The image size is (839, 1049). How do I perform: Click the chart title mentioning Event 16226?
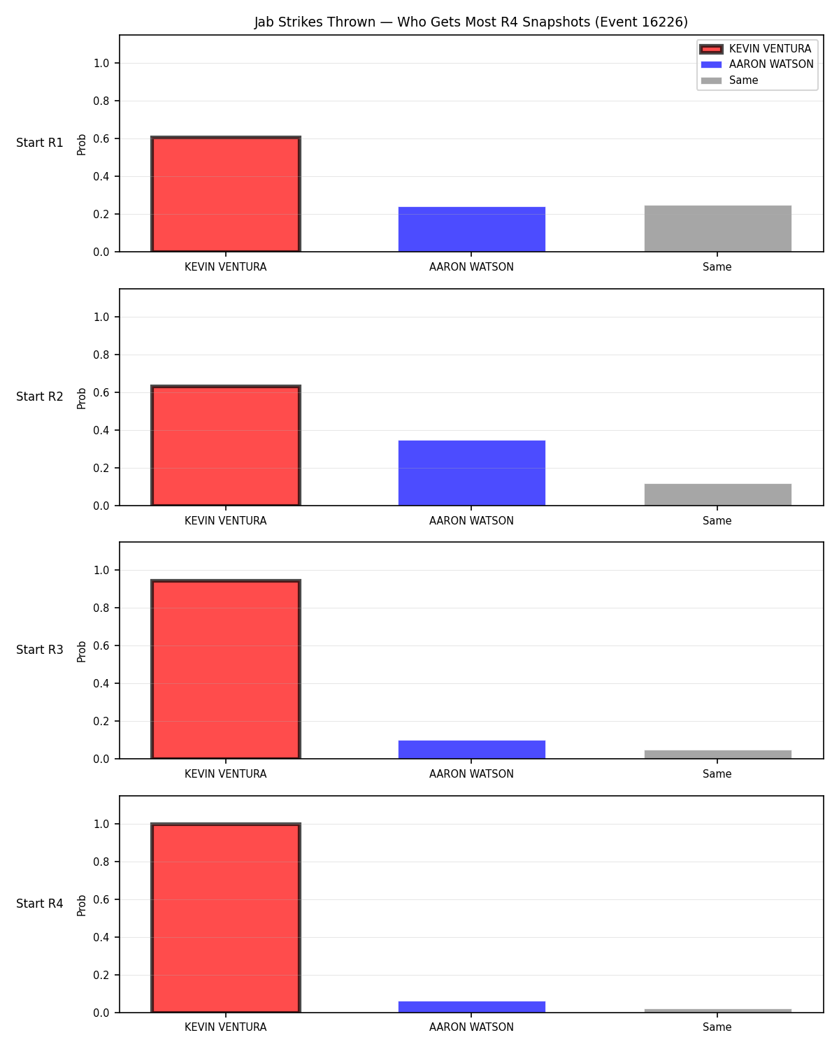coord(471,22)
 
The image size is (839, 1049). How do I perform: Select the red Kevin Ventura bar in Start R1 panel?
coord(226,194)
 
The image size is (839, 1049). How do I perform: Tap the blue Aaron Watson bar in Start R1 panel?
coord(471,229)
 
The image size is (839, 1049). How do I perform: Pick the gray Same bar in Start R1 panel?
coord(717,229)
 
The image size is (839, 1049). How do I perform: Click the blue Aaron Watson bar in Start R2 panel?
coord(471,473)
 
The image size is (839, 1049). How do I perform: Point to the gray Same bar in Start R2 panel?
coord(717,494)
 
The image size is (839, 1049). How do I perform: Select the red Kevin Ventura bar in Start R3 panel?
coord(226,669)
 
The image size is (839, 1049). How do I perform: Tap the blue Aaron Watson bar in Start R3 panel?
coord(471,749)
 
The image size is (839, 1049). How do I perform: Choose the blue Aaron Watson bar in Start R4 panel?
coord(471,1006)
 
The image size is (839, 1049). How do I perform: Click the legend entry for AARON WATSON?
coord(756,64)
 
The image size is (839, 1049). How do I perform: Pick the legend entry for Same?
coord(729,80)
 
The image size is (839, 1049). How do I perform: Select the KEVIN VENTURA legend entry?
coord(756,49)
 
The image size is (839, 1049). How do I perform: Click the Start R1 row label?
coord(39,143)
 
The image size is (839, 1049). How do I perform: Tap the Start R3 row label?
coord(39,650)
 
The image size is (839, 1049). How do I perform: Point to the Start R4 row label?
coord(39,904)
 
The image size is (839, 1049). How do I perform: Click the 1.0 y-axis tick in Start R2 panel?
coord(101,317)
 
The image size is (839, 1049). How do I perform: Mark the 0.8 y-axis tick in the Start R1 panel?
coord(101,101)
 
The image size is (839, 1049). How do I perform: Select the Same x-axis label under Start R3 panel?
coord(717,774)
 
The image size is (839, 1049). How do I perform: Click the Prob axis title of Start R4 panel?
coord(81,906)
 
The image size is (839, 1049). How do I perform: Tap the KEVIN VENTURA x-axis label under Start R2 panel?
coord(225,520)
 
